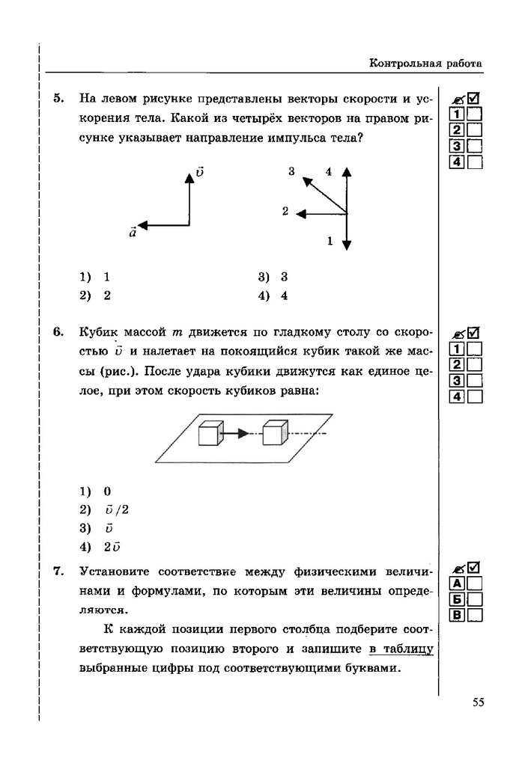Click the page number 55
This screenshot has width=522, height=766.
(479, 701)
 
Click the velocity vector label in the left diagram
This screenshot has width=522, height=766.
(199, 172)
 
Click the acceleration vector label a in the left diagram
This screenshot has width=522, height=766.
(133, 233)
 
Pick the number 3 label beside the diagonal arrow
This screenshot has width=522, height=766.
(291, 172)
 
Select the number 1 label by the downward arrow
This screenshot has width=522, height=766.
(330, 240)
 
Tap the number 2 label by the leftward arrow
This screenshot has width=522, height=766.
(285, 212)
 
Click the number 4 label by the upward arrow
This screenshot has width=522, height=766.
(328, 172)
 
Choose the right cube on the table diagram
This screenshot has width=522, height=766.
(274, 433)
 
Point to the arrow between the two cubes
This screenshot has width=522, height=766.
(240, 433)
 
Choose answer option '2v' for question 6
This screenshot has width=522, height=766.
(112, 546)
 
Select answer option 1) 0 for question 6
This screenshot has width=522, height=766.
(107, 491)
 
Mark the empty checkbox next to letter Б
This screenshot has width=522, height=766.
(474, 599)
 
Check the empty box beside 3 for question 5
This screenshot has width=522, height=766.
(474, 146)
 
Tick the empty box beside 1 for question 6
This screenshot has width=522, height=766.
(474, 349)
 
